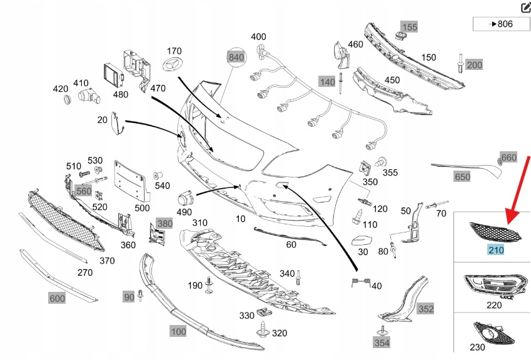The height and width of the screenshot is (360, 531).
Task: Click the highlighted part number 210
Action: point(495,250)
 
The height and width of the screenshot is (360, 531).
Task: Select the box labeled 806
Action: point(501,24)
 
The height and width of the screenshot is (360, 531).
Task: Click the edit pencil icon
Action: point(525,7)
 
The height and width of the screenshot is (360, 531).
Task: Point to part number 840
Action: point(236,57)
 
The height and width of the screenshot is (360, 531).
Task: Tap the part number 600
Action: point(57,299)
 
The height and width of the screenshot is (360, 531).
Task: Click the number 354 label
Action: point(382,342)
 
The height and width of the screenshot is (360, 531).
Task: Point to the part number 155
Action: point(409,27)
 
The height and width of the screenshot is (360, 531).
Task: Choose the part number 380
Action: point(164,223)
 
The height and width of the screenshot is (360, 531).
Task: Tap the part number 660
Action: point(509,157)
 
